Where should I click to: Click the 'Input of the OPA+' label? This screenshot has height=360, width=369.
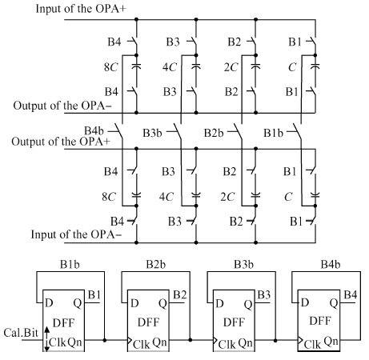pyautogui.click(x=81, y=9)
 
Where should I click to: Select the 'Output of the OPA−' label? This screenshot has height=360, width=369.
pyautogui.click(x=62, y=106)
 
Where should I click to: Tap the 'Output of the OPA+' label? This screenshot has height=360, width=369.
pyautogui.click(x=61, y=142)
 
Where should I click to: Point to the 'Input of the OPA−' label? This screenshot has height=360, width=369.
pyautogui.click(x=76, y=234)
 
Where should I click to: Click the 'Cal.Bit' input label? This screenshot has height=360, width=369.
pyautogui.click(x=21, y=333)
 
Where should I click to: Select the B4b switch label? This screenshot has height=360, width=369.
pyautogui.click(x=94, y=130)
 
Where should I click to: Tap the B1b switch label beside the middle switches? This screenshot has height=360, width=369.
pyautogui.click(x=273, y=133)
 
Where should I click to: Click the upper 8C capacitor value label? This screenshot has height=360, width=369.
pyautogui.click(x=110, y=67)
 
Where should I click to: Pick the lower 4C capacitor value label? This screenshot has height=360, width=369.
pyautogui.click(x=166, y=197)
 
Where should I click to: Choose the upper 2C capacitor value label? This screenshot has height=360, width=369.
pyautogui.click(x=231, y=67)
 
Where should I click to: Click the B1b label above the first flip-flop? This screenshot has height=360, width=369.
pyautogui.click(x=70, y=264)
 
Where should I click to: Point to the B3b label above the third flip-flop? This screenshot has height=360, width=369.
pyautogui.click(x=243, y=264)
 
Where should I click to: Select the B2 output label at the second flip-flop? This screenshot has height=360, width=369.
pyautogui.click(x=180, y=295)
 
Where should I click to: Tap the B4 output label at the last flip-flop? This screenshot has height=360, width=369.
pyautogui.click(x=351, y=295)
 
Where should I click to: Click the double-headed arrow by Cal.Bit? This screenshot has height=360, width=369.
pyautogui.click(x=47, y=339)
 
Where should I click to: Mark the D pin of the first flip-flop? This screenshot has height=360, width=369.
pyautogui.click(x=49, y=303)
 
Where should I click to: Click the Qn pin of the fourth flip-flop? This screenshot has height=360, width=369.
pyautogui.click(x=331, y=342)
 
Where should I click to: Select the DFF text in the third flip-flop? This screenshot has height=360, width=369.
pyautogui.click(x=234, y=322)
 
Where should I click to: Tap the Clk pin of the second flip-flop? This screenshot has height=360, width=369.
pyautogui.click(x=142, y=345)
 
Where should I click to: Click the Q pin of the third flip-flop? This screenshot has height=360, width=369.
pyautogui.click(x=248, y=304)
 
